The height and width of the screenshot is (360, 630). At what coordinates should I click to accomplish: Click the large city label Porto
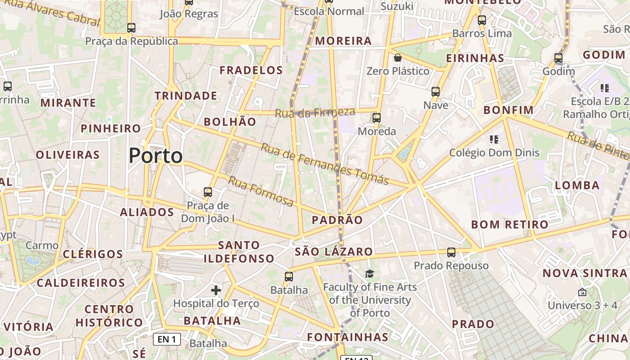tap(156, 156)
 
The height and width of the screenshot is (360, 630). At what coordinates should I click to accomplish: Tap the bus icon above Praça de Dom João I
tap(208, 192)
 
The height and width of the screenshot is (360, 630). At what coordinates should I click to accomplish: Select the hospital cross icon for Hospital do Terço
tap(216, 290)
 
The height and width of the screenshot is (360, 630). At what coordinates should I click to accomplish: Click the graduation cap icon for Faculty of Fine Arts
tap(369, 274)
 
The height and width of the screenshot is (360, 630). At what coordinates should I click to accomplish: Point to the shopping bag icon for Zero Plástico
tap(398, 58)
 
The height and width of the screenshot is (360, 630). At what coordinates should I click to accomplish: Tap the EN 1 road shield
tap(167, 339)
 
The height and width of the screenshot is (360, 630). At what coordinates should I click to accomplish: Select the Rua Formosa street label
tap(261, 191)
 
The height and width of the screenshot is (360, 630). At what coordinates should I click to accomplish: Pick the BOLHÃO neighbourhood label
tap(230, 122)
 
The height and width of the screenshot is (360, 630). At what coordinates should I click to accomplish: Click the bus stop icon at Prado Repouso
tap(451, 252)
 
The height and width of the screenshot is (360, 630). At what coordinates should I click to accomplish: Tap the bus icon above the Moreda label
tap(377, 118)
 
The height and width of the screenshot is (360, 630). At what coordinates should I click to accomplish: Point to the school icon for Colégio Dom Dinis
tap(494, 139)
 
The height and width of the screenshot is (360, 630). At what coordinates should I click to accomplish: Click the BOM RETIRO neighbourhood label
tap(510, 225)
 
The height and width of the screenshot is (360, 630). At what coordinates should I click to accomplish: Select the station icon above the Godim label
tap(558, 58)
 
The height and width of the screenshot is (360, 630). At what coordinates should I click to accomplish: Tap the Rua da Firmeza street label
tap(315, 112)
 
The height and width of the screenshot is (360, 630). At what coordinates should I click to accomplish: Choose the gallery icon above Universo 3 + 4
tap(582, 292)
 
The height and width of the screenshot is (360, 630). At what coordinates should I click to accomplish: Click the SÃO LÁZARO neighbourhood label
tap(334, 252)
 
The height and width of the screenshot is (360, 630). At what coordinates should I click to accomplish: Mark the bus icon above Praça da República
tap(131, 28)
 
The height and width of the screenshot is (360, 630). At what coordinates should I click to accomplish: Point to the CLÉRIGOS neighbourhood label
tap(93, 254)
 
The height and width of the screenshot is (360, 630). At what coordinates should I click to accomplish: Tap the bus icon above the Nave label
tap(436, 92)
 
